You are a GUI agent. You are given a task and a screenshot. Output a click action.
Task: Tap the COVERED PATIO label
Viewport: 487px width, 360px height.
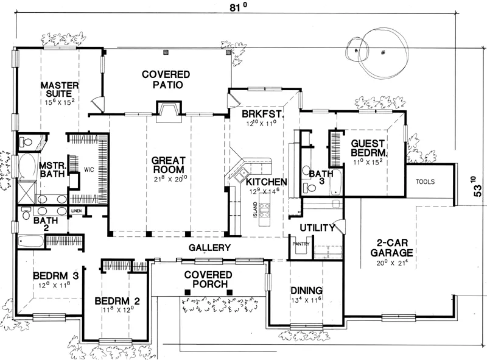166,80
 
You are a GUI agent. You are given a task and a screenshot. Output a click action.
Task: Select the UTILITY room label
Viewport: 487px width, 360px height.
317,228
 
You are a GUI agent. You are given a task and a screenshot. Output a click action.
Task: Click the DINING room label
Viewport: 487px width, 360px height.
306,291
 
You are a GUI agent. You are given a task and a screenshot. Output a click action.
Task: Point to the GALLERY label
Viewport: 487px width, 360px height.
209,247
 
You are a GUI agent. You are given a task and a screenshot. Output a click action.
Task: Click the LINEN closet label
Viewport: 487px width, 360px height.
77,211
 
